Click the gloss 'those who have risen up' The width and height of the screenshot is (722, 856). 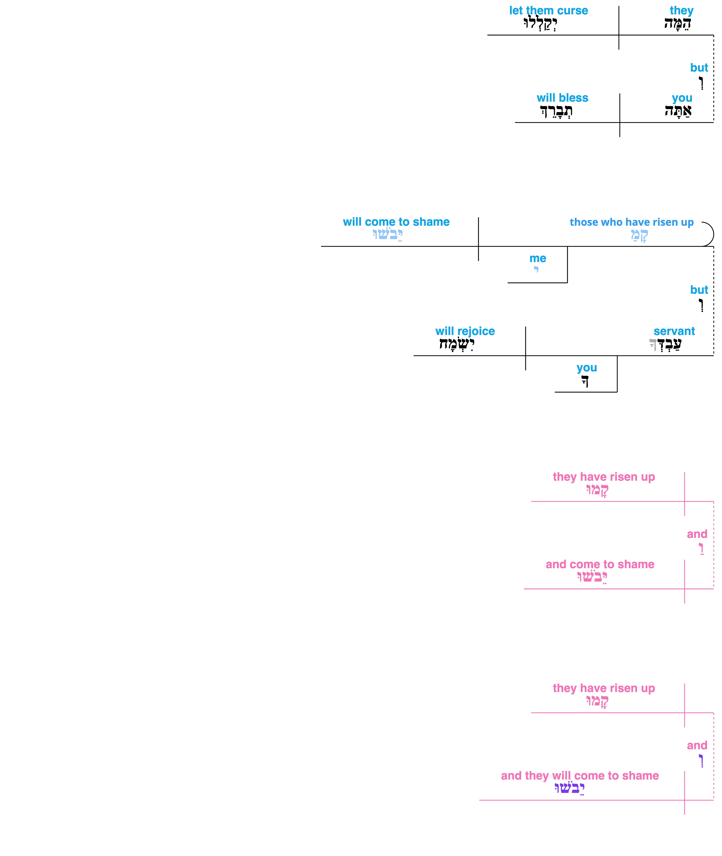632,222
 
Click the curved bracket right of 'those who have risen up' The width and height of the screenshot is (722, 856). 713,234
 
